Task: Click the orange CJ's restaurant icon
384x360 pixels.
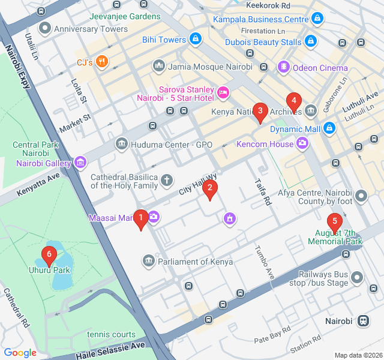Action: tap(102, 61)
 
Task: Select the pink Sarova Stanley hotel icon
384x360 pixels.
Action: tap(223, 92)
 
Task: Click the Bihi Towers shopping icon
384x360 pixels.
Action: tap(195, 40)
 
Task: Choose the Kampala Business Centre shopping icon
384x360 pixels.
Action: tap(317, 20)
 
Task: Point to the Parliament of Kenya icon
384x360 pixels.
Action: tap(148, 261)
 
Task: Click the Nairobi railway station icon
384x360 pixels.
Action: tap(363, 321)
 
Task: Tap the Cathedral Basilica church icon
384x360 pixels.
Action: tap(166, 179)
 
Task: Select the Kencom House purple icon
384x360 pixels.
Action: tap(302, 143)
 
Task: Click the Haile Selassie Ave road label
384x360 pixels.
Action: tap(110, 350)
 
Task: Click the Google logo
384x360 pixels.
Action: tap(20, 353)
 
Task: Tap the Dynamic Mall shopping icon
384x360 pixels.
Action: tap(329, 128)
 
